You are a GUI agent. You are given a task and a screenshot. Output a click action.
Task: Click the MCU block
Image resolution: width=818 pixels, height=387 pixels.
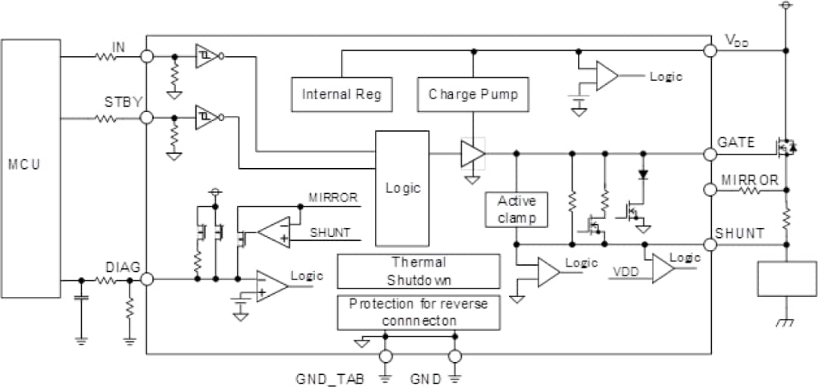tap(30, 167)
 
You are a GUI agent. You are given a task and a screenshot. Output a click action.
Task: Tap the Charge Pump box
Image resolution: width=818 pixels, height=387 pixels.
tap(473, 95)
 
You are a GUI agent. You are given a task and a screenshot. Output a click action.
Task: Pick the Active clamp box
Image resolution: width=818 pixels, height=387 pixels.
tap(517, 209)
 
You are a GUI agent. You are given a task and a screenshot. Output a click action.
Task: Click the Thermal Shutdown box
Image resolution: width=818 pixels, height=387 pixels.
tap(418, 270)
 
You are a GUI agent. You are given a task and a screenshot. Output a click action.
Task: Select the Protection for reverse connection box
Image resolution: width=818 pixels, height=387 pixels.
tap(418, 312)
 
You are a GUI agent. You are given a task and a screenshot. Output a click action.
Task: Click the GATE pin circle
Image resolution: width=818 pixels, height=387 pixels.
tap(710, 154)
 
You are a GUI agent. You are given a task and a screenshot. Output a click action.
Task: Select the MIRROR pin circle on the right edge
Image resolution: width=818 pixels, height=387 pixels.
tap(710, 191)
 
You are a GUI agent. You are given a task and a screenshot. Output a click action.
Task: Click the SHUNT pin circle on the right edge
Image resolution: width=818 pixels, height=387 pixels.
tap(710, 245)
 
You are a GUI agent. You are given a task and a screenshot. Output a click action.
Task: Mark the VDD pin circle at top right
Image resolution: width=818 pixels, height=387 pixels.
tap(710, 51)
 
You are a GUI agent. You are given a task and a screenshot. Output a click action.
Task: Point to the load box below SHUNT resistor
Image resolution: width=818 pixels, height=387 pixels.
tap(788, 279)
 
